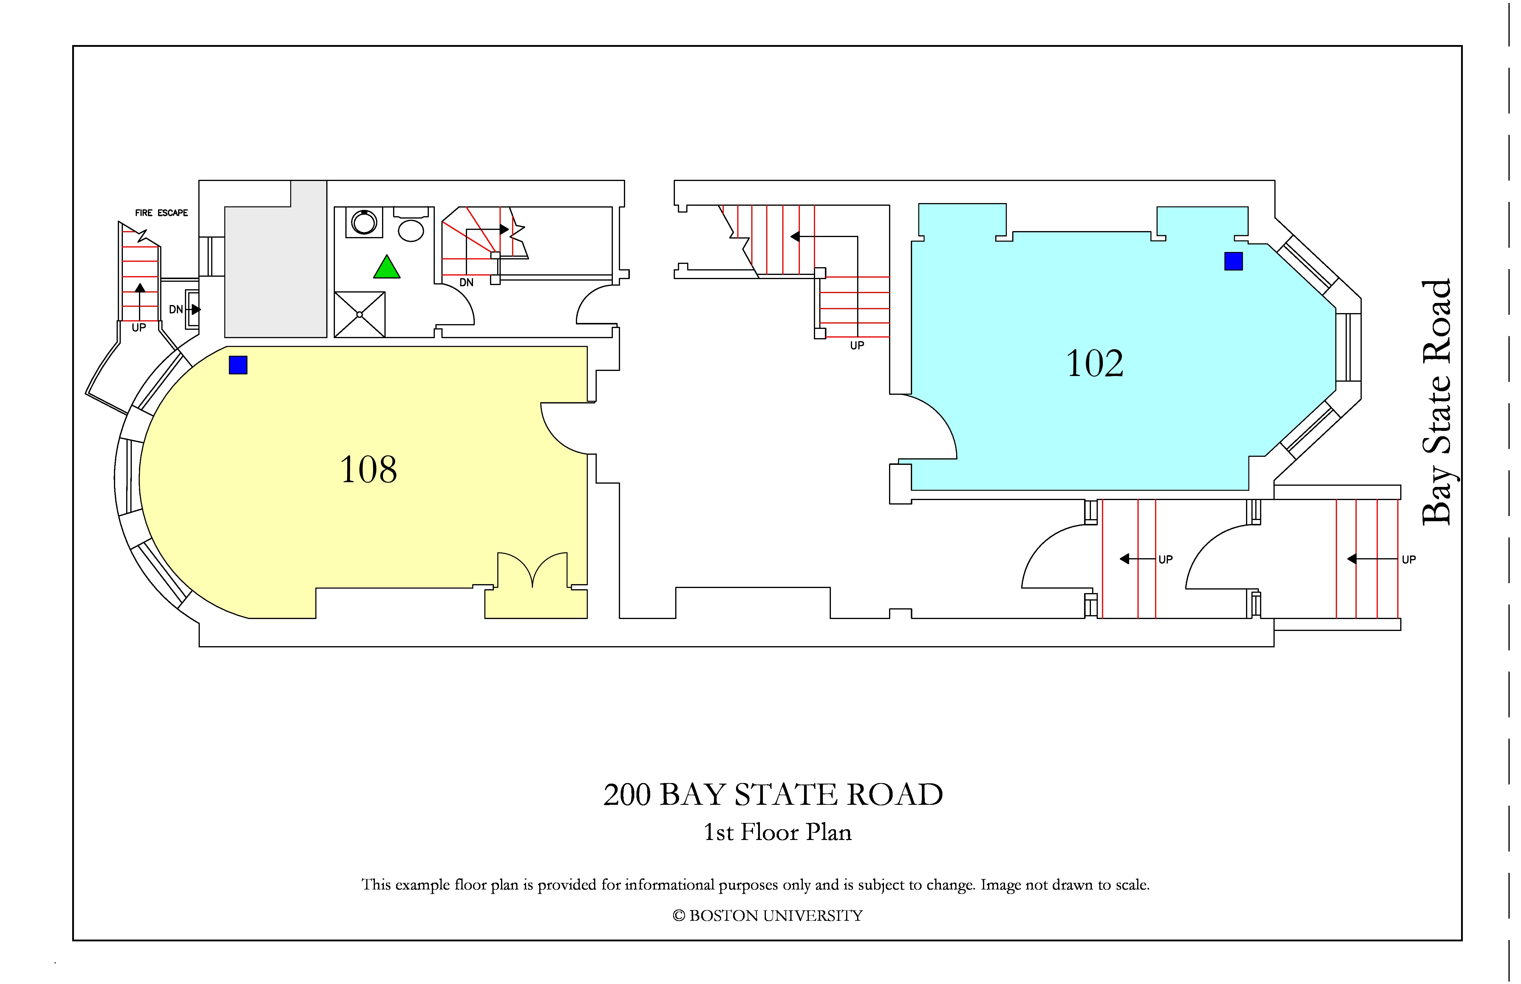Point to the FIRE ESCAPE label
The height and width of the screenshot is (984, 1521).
coord(162,213)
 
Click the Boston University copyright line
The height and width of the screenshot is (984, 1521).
coord(768,916)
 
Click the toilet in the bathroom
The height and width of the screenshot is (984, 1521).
coord(411,224)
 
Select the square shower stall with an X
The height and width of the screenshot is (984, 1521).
coord(360,314)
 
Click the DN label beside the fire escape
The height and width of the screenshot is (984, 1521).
coord(176,309)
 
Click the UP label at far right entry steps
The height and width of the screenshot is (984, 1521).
coord(1409,560)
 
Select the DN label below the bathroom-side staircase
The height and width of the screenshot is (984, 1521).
coord(466,282)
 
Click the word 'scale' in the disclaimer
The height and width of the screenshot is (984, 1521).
coord(1132,885)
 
